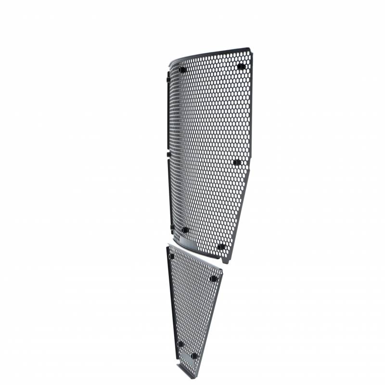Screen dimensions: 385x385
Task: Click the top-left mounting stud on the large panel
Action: [x=182, y=70]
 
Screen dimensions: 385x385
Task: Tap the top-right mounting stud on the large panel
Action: [x=241, y=66]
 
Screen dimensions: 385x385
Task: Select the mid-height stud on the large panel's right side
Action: [x=237, y=162]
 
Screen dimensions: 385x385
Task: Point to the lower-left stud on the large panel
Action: [x=185, y=230]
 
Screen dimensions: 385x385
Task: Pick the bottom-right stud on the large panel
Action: [x=221, y=247]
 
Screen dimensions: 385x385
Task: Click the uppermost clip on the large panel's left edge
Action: [x=168, y=77]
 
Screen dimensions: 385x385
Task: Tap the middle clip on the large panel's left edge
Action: [x=168, y=154]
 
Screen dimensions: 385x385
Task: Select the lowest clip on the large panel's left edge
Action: [x=171, y=226]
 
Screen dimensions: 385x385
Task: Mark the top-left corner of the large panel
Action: [x=169, y=63]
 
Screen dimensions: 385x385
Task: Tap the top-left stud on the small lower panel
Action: [x=171, y=256]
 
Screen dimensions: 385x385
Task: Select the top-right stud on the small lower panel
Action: [x=214, y=278]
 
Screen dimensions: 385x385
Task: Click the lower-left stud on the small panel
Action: [x=180, y=344]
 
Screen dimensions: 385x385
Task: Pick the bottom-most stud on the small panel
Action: [x=194, y=356]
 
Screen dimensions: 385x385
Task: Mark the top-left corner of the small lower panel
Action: [x=168, y=246]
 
